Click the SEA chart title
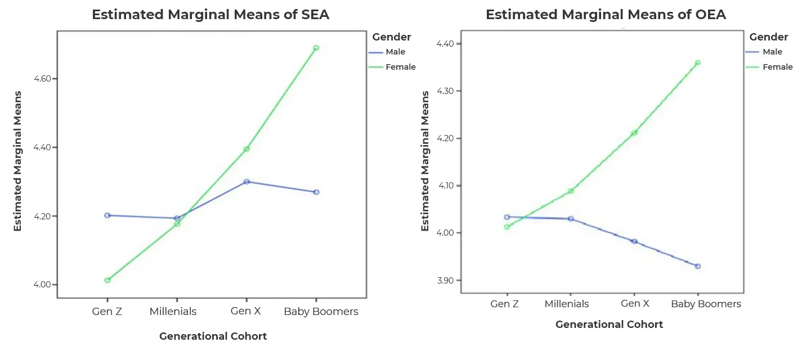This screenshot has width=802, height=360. (x=210, y=15)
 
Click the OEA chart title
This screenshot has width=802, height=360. (x=606, y=15)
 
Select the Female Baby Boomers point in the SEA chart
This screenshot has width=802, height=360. (x=316, y=48)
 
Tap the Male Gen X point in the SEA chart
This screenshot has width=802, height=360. (x=247, y=182)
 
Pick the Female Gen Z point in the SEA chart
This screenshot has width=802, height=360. (x=107, y=280)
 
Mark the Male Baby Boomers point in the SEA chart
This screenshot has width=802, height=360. (x=316, y=192)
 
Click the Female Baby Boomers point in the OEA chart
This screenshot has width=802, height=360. (x=698, y=63)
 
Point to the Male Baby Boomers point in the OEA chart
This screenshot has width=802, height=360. (x=698, y=266)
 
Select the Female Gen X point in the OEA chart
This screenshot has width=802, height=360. (x=634, y=133)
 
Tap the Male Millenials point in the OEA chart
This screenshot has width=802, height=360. (x=571, y=219)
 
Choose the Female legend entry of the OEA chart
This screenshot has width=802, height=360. (x=777, y=67)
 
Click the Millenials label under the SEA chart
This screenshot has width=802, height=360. (x=173, y=312)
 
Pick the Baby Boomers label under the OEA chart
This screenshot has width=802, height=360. (x=706, y=304)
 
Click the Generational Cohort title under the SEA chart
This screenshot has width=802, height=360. (x=213, y=336)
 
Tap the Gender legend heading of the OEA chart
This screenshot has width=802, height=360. (x=769, y=37)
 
